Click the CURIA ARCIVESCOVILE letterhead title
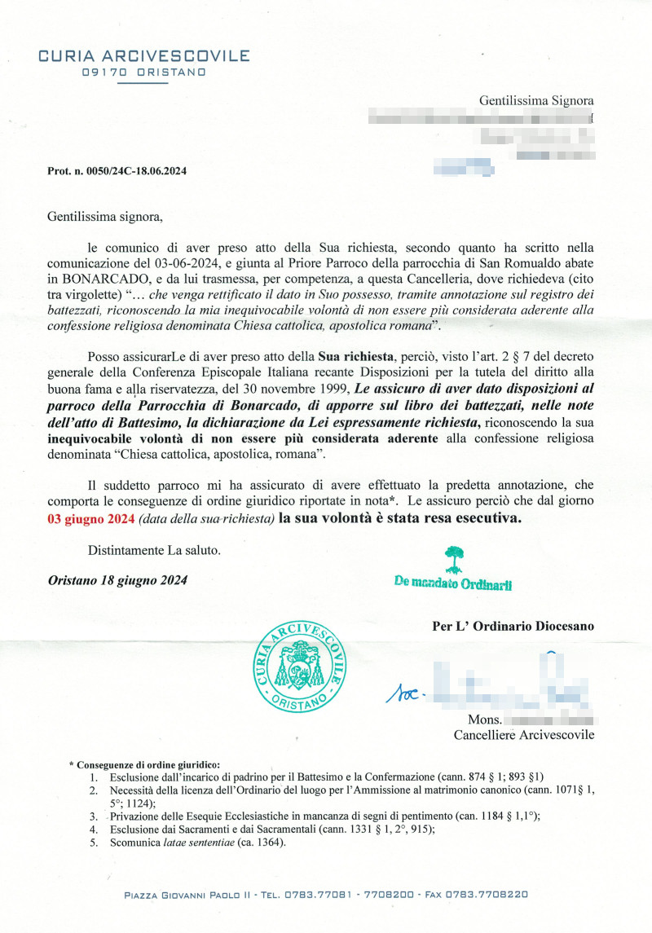coord(144,56)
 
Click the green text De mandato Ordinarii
coord(452,583)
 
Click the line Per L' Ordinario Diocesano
coord(513,627)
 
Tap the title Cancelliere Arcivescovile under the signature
coord(523,735)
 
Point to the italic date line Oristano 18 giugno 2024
coord(117,580)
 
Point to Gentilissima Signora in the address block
coord(536,101)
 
